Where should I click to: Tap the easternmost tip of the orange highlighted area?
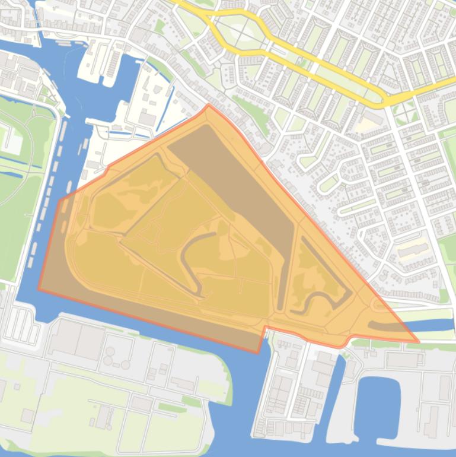click(418, 342)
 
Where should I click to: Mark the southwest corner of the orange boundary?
click(39, 290)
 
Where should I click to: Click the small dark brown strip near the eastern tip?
click(382, 326)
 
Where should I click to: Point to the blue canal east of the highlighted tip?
click(439, 325)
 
